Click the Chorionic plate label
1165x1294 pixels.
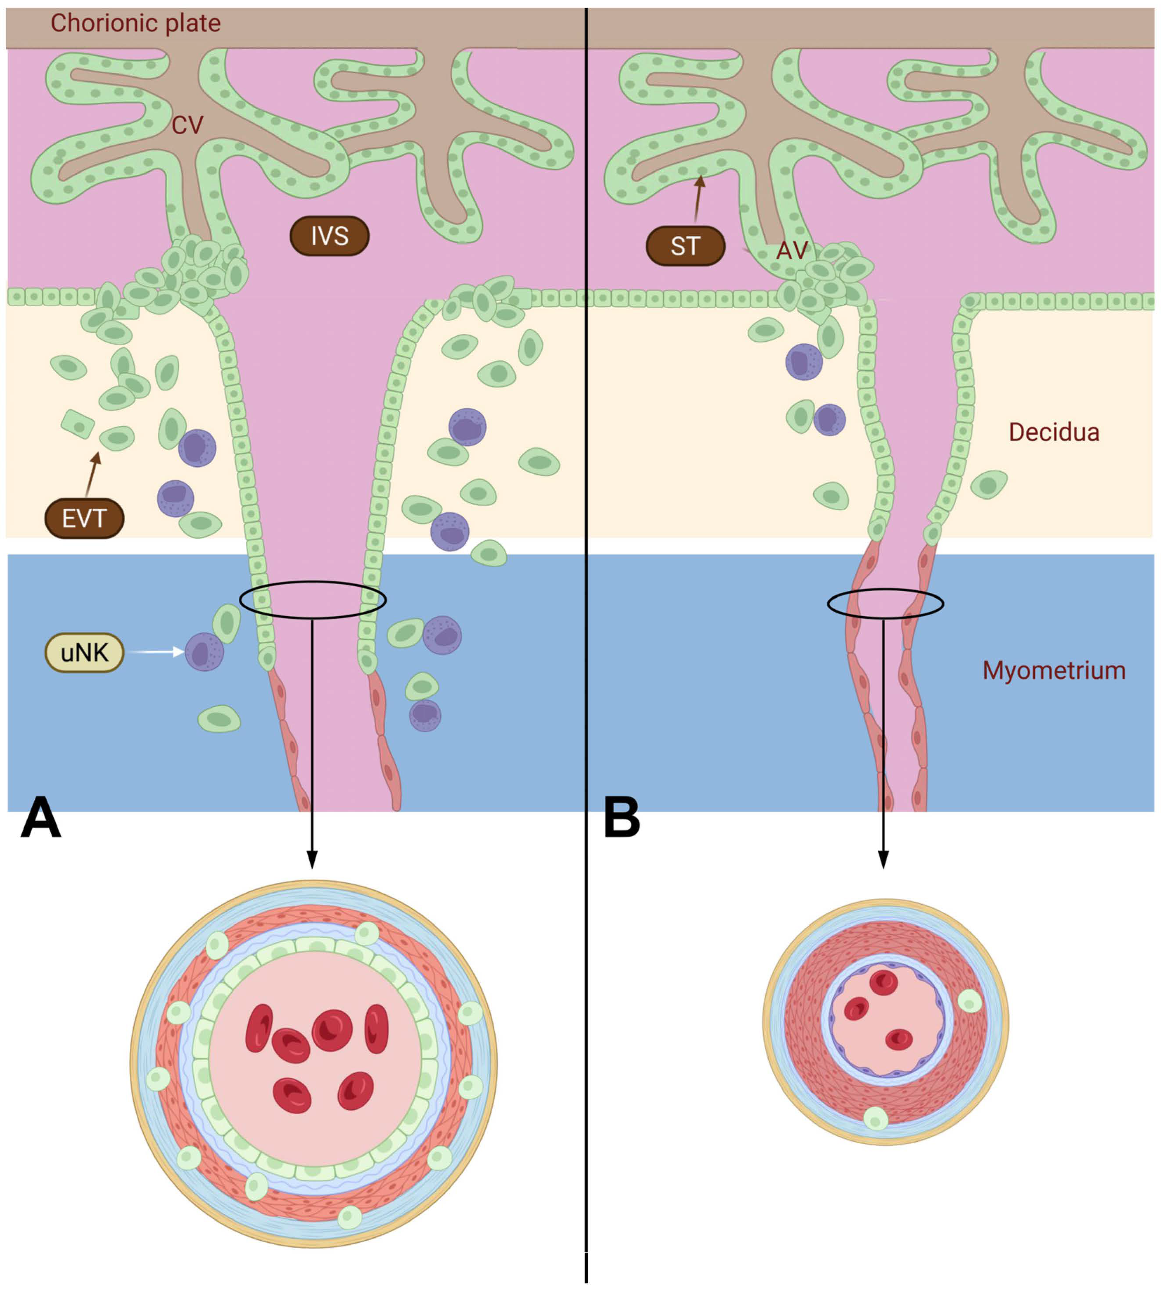(x=136, y=24)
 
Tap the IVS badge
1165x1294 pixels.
(x=330, y=236)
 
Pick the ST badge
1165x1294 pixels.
(x=685, y=246)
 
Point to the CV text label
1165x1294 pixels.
(x=187, y=125)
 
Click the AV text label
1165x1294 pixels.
(x=792, y=250)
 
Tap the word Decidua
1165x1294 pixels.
(x=1054, y=432)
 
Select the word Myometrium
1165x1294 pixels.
(x=1054, y=670)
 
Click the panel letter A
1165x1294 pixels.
(x=41, y=818)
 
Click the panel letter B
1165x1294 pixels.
(x=621, y=818)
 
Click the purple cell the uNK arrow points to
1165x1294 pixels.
(x=204, y=652)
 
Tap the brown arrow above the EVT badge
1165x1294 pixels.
(x=92, y=474)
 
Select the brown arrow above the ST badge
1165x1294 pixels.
(x=698, y=198)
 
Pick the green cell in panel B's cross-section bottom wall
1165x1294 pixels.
(x=876, y=1119)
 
